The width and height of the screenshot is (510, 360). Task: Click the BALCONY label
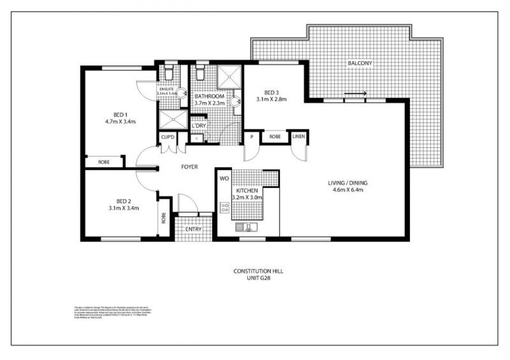click(360, 64)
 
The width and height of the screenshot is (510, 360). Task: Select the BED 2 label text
click(115, 199)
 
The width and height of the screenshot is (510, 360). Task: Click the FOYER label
click(189, 167)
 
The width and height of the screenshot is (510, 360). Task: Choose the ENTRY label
click(193, 229)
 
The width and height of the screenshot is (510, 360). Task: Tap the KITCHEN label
click(246, 191)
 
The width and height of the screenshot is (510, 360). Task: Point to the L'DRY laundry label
click(198, 126)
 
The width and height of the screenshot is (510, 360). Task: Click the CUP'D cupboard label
click(168, 137)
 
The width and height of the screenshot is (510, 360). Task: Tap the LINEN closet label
click(298, 137)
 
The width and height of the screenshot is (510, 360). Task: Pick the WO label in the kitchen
click(224, 178)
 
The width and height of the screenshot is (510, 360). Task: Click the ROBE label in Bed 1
click(103, 162)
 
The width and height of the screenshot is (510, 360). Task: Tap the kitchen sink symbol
click(245, 226)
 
